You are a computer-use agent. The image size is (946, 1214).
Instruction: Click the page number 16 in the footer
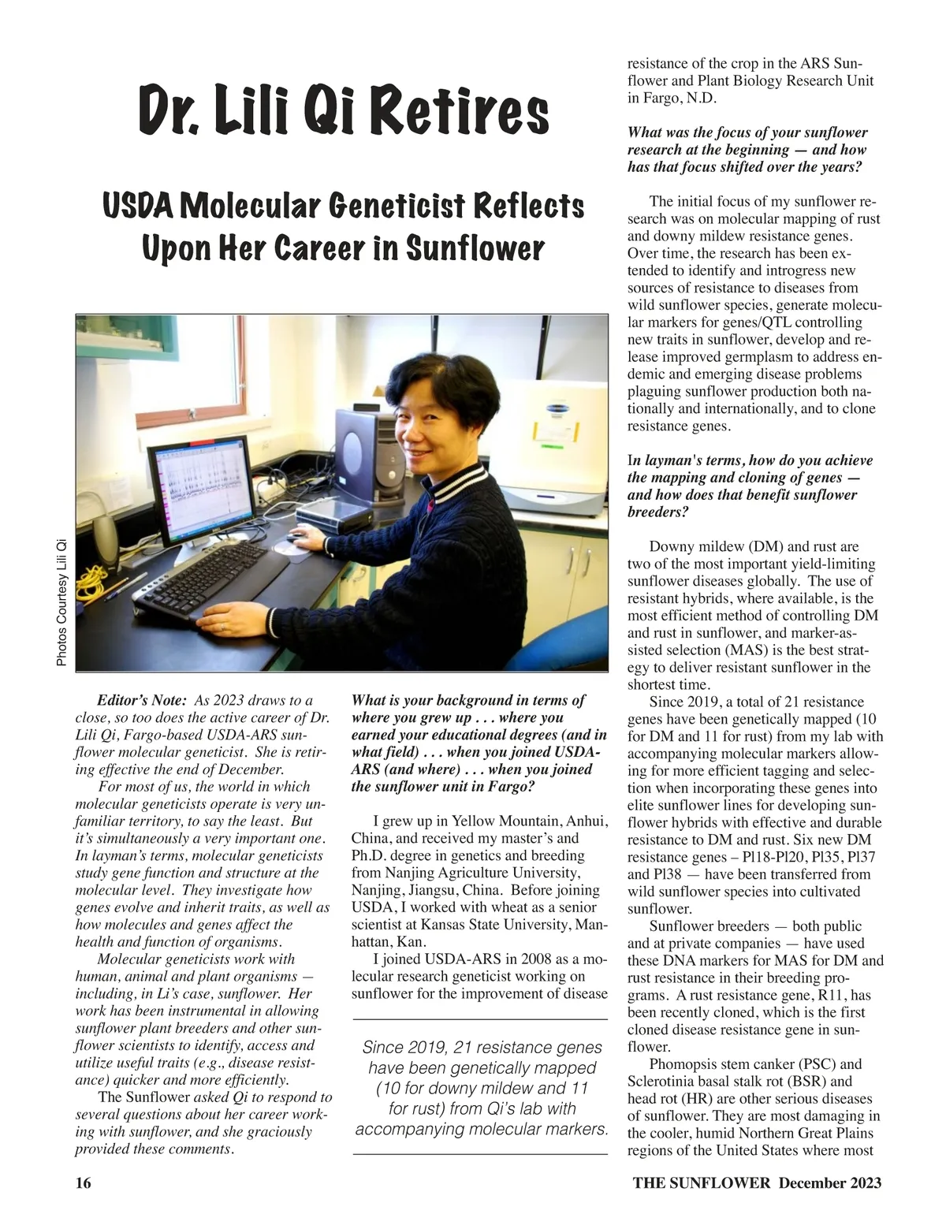coord(83,1182)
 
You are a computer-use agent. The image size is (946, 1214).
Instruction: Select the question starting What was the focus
coord(747,149)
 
